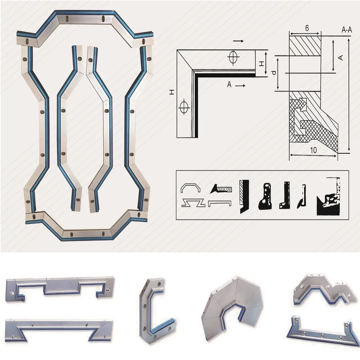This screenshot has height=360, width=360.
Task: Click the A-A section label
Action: (347, 30)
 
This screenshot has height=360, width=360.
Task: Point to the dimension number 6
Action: (307, 28)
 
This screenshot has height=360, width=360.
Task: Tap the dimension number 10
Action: (313, 150)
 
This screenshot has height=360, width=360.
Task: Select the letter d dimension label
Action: (274, 73)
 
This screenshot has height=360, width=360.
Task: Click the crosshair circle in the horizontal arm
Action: (233, 57)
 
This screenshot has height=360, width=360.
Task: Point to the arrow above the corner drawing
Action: (239, 41)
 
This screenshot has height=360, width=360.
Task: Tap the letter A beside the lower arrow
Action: (229, 85)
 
